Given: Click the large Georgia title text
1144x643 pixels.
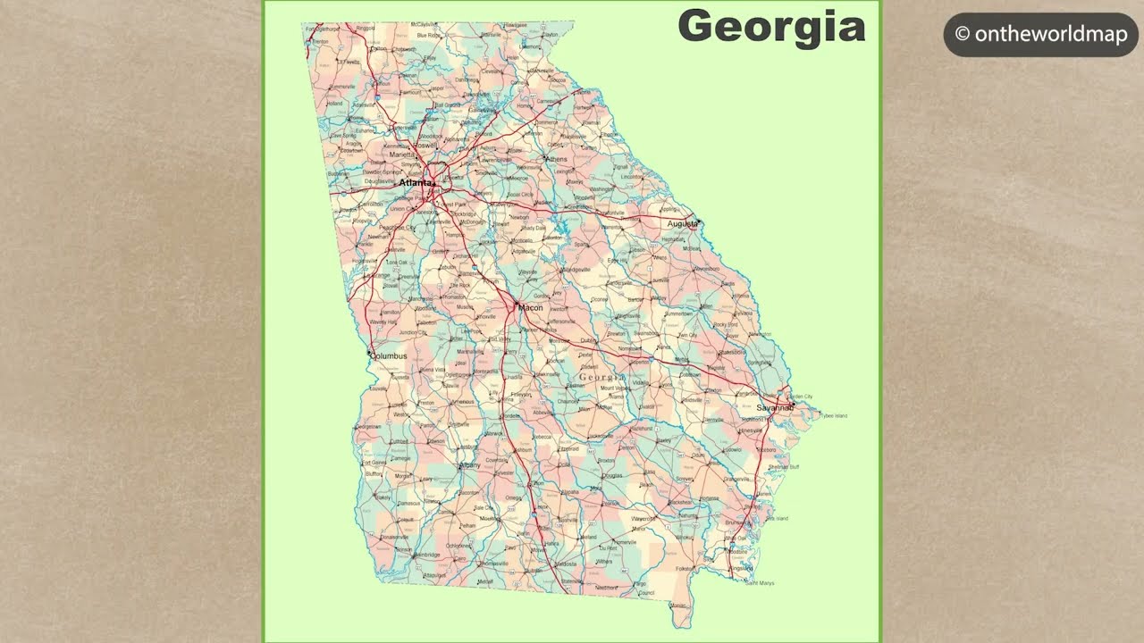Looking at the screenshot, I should coord(771,27).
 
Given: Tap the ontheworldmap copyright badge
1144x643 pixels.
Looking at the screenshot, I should coord(1040,35).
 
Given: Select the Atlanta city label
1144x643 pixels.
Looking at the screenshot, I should coord(415,183).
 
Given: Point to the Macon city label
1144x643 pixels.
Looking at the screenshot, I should coord(530,308).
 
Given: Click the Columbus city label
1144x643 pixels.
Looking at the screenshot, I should coord(389,356).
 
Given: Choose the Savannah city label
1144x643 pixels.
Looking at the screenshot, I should coord(774,408).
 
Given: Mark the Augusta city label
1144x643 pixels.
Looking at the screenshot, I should coord(682,224).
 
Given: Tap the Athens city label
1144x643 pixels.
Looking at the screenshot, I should coord(556,160).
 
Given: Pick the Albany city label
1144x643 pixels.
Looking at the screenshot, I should coord(469,465).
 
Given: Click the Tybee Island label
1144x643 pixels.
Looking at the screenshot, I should coord(833,416).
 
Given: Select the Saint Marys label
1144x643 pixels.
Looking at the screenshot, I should coord(760,583).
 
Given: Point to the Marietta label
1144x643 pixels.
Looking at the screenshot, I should coord(401,154).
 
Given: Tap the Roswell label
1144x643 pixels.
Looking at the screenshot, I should coord(425,145).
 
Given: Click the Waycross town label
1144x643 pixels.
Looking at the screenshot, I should coord(643,518).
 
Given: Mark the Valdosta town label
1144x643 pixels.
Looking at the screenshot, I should coord(565,564).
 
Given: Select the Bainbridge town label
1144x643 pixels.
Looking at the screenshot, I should coord(426,555).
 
